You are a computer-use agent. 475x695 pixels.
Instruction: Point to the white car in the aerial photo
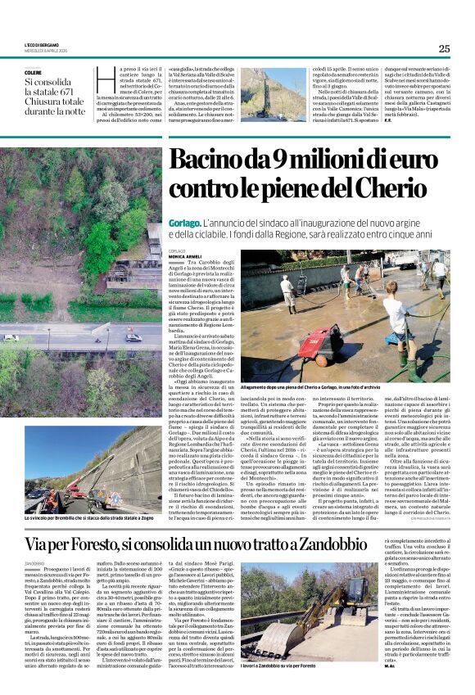[133, 336]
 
